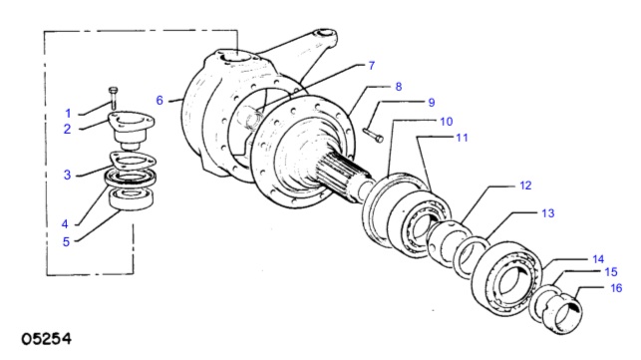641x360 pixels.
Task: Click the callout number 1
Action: pos(68,114)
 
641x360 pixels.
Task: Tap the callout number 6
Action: pos(160,101)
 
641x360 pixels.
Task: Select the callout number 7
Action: pos(371,66)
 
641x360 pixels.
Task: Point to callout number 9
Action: pos(432,103)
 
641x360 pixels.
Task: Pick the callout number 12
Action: pos(525,185)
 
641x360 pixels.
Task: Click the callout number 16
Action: pos(616,288)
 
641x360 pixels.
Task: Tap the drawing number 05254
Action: pos(46,339)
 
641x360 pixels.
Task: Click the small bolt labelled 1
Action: pos(114,98)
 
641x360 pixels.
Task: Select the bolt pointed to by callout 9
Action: pos(373,136)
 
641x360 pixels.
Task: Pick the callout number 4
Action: pos(65,224)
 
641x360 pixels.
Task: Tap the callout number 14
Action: pos(598,259)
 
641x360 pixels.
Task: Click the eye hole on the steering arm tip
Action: pos(326,33)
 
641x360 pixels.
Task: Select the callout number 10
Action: pos(446,122)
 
